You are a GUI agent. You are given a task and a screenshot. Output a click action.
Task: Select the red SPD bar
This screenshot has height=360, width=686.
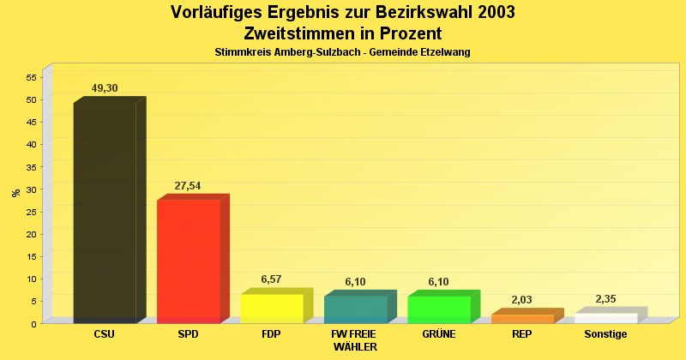pos(188,261)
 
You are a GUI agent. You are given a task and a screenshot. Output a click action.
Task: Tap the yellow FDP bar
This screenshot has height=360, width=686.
pos(271,308)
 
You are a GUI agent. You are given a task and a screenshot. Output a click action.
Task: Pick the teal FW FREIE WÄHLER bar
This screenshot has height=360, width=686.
pos(355,309)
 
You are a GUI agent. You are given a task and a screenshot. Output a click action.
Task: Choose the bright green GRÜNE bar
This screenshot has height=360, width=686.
pos(438,309)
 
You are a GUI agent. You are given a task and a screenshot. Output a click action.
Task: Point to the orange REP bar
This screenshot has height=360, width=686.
pos(522,318)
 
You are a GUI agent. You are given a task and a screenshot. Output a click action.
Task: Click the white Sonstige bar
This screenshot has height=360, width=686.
pos(605,317)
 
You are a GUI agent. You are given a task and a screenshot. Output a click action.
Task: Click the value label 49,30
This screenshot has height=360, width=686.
pos(105,88)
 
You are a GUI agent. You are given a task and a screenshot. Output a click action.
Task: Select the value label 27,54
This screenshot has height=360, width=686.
pos(188,186)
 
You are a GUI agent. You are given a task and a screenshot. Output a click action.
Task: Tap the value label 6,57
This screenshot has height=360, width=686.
pos(271,279)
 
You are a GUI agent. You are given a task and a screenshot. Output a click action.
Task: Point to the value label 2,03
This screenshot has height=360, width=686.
pos(522,300)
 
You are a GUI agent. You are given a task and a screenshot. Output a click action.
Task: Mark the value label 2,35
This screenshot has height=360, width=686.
pos(605,298)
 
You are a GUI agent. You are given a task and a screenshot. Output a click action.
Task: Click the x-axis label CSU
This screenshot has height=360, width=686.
pos(105,334)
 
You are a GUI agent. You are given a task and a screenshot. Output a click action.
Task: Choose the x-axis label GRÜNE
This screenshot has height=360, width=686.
pos(438,334)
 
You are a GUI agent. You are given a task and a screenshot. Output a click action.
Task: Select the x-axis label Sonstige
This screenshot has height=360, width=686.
pos(605,334)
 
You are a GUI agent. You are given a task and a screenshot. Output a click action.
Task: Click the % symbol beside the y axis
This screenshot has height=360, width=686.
pos(15,193)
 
